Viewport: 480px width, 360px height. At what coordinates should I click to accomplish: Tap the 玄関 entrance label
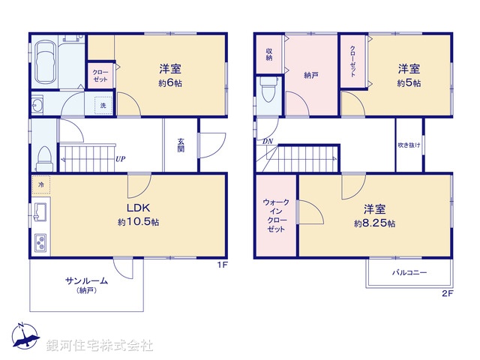coord(181,145)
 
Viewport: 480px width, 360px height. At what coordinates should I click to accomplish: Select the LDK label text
coord(139,208)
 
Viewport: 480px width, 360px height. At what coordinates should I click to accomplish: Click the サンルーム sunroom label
coord(86,280)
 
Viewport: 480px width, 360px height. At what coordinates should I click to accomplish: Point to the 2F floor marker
coord(447,292)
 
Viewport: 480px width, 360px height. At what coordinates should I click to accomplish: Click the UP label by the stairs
coord(120,158)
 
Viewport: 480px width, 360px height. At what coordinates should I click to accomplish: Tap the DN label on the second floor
coord(267,141)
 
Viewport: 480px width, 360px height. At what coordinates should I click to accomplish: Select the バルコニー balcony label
coord(409,272)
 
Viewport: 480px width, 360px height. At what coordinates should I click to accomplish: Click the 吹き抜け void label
coord(409,145)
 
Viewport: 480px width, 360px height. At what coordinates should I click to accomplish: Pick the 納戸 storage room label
coord(312,75)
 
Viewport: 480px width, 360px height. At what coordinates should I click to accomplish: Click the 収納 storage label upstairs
coord(268,55)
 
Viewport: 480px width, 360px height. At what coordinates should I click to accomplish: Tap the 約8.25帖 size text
coord(375,223)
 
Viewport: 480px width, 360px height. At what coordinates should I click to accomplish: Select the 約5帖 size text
coord(409,83)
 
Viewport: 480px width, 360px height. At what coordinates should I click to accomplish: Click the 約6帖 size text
coord(170,83)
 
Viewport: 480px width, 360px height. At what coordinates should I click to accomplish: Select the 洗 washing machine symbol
coord(103,106)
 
